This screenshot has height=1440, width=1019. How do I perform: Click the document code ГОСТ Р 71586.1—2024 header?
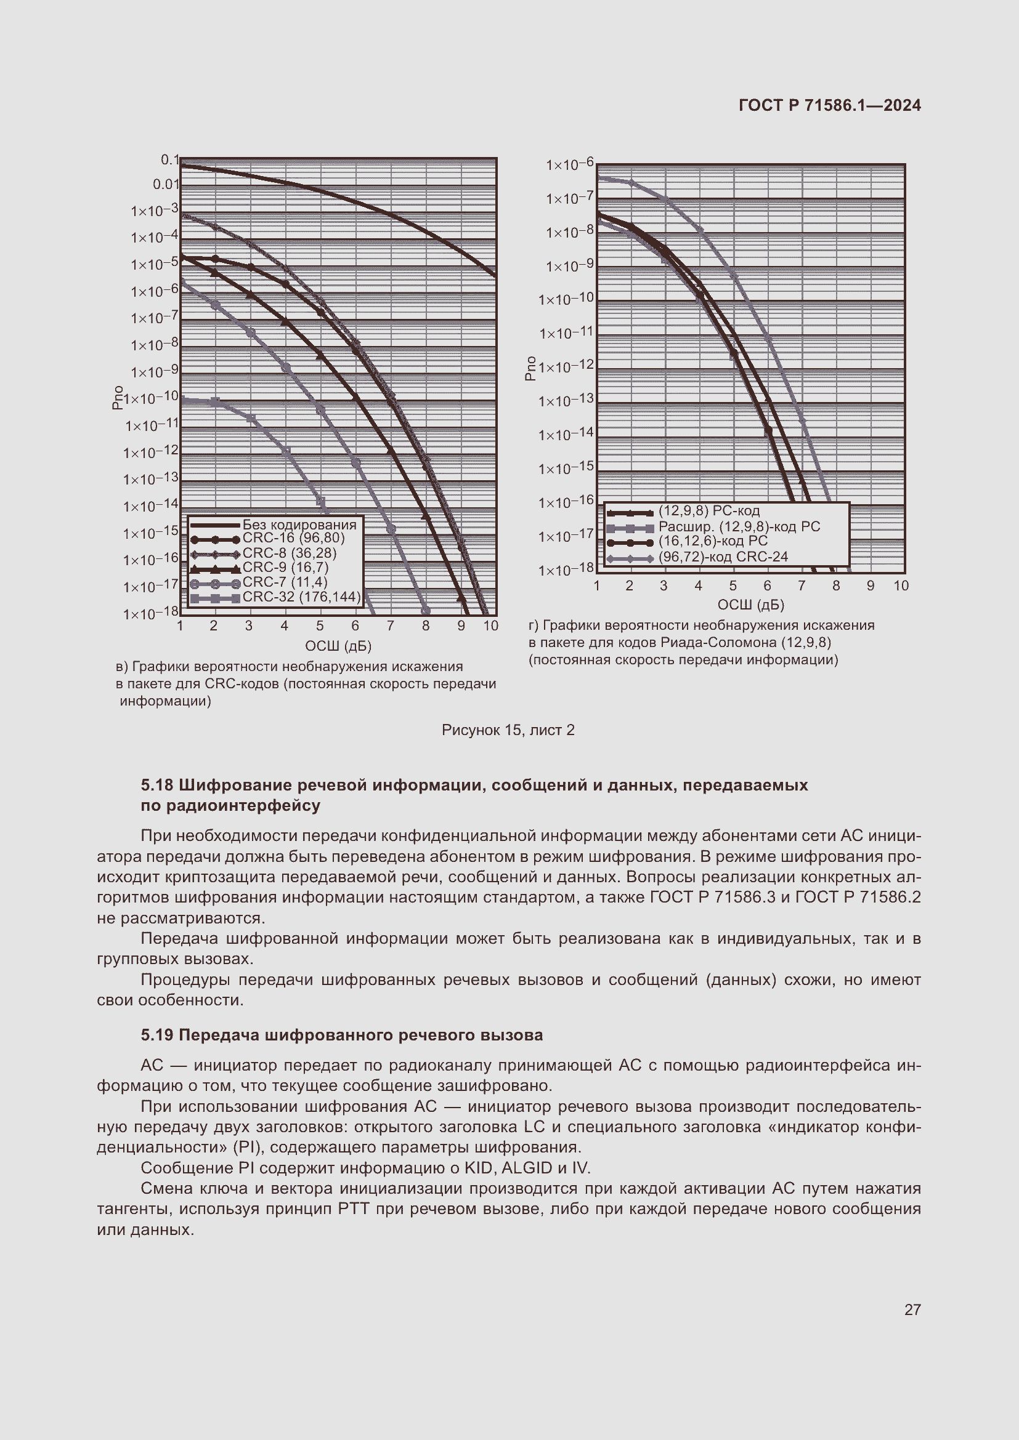[x=829, y=105]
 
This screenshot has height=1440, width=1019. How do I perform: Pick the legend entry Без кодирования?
[x=299, y=525]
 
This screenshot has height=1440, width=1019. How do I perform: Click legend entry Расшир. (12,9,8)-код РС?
[x=739, y=527]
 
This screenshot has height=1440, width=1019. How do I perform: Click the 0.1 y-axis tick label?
[x=169, y=160]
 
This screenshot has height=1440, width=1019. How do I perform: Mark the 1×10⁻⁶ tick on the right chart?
[x=569, y=165]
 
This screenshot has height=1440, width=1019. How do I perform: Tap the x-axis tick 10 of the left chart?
[x=490, y=626]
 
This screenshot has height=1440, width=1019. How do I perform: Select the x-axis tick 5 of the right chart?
[x=733, y=585]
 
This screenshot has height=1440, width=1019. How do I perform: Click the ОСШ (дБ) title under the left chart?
[x=338, y=646]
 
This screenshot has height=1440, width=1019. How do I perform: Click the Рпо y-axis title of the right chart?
[x=530, y=368]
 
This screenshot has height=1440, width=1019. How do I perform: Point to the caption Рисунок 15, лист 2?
[x=508, y=730]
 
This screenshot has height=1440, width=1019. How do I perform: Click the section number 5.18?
[x=157, y=785]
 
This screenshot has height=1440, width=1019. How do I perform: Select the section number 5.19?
[x=157, y=1035]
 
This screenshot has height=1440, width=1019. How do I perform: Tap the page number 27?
[x=912, y=1309]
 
